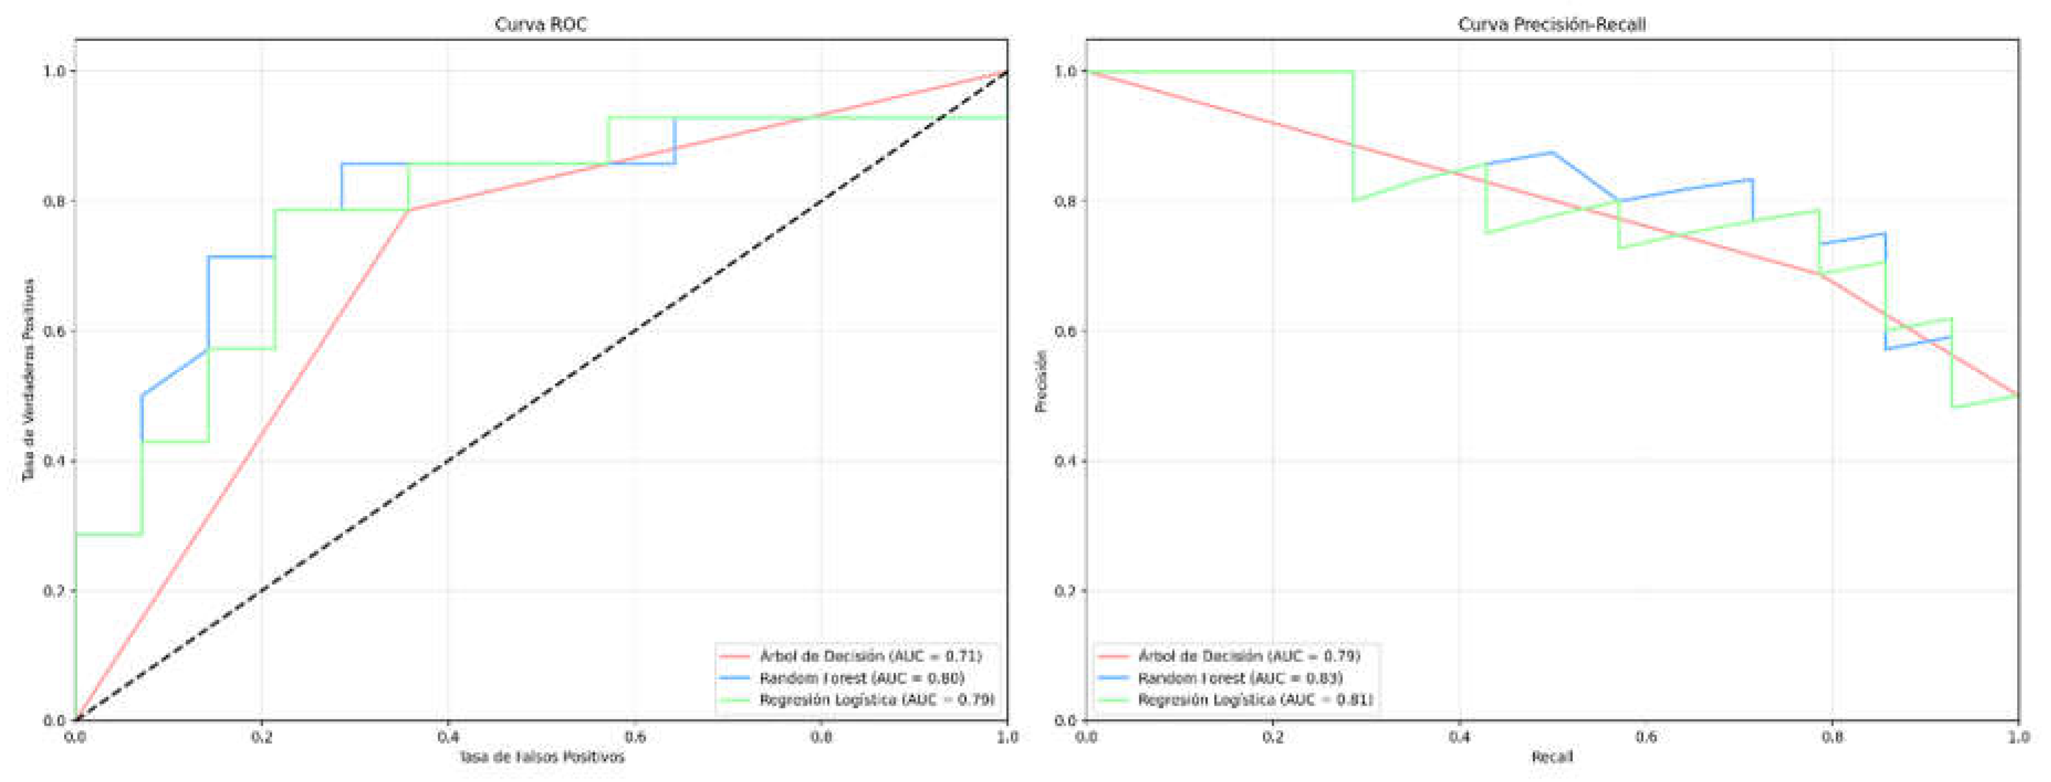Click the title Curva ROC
click(x=541, y=25)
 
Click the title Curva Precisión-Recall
click(x=1551, y=25)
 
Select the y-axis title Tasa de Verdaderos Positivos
click(x=29, y=379)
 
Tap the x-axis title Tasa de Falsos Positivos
click(x=541, y=757)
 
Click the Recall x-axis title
click(x=1552, y=757)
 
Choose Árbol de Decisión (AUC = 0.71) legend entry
click(x=870, y=656)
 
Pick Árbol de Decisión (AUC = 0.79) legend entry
click(x=1248, y=656)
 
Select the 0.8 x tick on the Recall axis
click(x=1832, y=737)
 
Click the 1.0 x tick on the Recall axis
click(x=2018, y=737)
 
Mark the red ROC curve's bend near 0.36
click(x=409, y=210)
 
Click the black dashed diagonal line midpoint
click(x=541, y=396)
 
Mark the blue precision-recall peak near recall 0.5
click(x=1552, y=152)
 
